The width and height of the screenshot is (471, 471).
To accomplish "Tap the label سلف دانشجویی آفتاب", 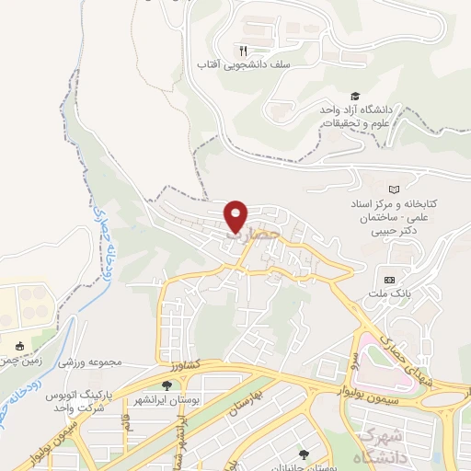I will [234, 66].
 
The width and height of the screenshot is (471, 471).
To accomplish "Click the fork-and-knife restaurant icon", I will [243, 51].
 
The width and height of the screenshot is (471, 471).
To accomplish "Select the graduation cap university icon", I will [355, 97].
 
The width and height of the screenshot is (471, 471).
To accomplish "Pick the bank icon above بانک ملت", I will [389, 280].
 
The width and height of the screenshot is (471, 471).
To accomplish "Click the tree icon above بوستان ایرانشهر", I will [167, 386].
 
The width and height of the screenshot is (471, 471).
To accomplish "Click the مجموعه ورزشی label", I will [91, 362].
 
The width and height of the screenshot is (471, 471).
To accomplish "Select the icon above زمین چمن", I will [20, 346].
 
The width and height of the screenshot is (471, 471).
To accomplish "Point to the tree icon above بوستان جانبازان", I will [304, 454].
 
